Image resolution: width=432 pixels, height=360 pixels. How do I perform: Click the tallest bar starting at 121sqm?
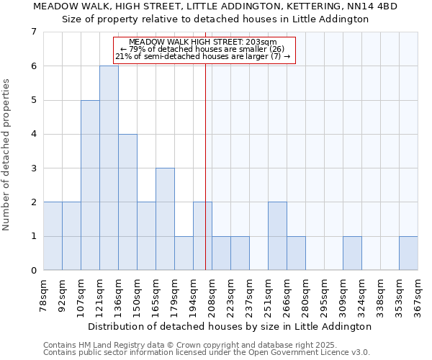(109, 168)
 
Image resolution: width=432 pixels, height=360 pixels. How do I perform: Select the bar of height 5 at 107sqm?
(90, 185)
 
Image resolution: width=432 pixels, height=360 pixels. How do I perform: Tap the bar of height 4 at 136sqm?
(127, 202)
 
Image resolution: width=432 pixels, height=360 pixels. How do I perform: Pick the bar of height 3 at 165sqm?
(165, 219)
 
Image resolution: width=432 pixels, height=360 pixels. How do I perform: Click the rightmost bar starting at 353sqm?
(408, 253)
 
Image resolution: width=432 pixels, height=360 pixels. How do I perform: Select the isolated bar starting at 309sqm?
(352, 253)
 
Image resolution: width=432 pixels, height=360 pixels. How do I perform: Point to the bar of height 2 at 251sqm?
(277, 235)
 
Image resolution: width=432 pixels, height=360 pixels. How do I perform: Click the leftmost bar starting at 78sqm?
(53, 235)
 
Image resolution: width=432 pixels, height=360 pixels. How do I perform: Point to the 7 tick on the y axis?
(33, 32)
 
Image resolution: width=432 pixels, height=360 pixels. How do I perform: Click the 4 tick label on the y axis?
(33, 134)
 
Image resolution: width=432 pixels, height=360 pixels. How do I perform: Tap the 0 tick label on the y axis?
(33, 271)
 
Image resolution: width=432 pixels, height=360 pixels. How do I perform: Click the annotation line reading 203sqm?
(205, 42)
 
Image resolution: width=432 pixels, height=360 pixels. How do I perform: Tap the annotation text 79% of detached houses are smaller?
(205, 49)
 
